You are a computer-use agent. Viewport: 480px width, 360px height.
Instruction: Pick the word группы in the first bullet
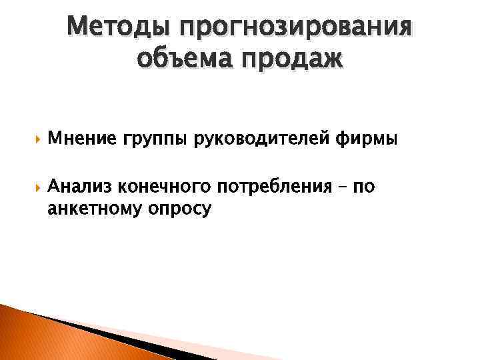click(153, 141)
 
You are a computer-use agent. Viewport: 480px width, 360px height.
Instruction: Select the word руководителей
click(258, 139)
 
